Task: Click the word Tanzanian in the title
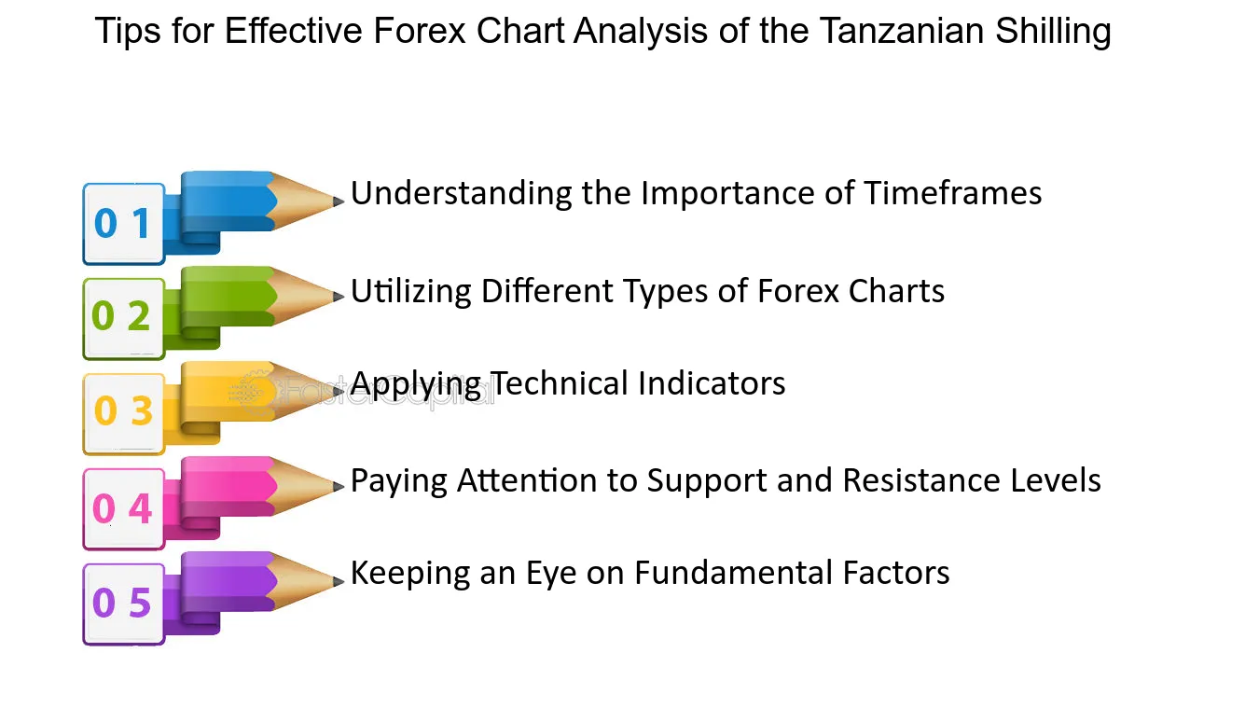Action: [902, 31]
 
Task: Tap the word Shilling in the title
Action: [1053, 32]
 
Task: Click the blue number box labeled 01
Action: [124, 224]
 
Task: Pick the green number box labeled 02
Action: [124, 319]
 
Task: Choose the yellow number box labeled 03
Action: [124, 414]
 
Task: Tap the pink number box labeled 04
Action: [124, 509]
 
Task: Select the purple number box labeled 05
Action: [124, 604]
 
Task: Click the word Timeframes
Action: [953, 193]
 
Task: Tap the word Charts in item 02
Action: [896, 291]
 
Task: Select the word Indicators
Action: [712, 383]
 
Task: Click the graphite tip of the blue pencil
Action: [339, 201]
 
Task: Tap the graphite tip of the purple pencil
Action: [339, 581]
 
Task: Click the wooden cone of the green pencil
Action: [301, 296]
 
